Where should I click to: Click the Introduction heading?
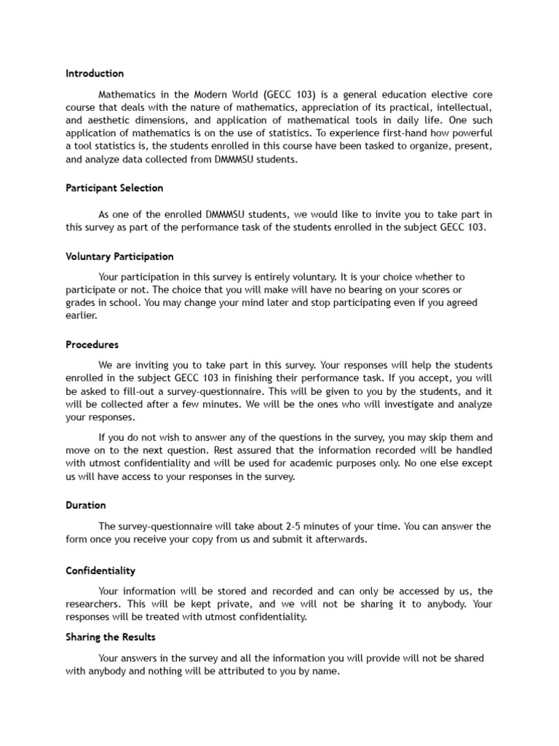coord(95,74)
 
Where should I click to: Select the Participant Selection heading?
coord(114,188)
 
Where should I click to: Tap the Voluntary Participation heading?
coord(119,256)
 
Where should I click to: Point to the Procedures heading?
coord(92,345)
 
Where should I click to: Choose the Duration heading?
coord(86,505)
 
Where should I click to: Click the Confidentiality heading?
coord(100,571)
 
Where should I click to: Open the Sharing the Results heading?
coord(111,637)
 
